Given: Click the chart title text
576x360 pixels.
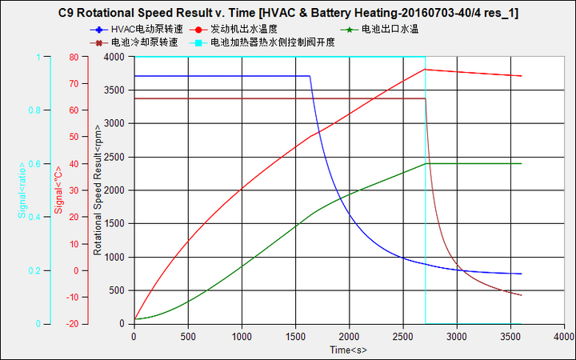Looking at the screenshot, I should coord(289,14).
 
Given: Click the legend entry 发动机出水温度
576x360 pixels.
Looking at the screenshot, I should coord(250,29).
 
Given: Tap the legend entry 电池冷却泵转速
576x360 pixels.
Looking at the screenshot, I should coord(145,42).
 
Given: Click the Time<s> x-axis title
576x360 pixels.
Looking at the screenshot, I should coord(347,350).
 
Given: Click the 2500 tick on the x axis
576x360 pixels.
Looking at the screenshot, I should coord(402,337).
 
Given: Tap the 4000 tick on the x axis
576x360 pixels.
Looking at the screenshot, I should coord(564,337).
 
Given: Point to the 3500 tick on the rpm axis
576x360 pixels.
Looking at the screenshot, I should coord(113,90).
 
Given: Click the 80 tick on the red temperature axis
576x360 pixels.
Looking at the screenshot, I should coord(74,57).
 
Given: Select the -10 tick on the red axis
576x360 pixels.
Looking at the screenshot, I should coord(72,298).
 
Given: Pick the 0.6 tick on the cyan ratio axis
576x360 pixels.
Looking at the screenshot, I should coord(35,164).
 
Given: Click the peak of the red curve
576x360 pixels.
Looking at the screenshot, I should coord(425,69).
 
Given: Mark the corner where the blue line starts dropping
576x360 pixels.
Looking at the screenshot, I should coord(310,76).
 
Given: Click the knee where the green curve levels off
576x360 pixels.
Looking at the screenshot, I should coord(425,163).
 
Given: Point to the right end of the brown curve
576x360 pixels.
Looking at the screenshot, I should coord(522,295).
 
